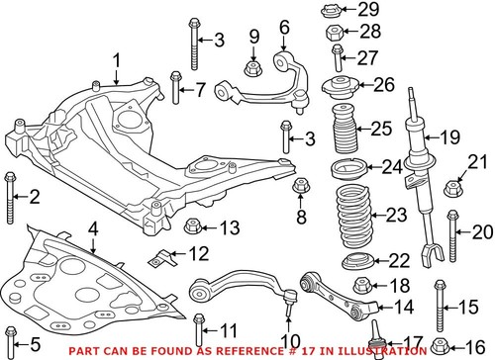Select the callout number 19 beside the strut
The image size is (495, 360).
point(451,136)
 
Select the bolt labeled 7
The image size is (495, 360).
point(176,90)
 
